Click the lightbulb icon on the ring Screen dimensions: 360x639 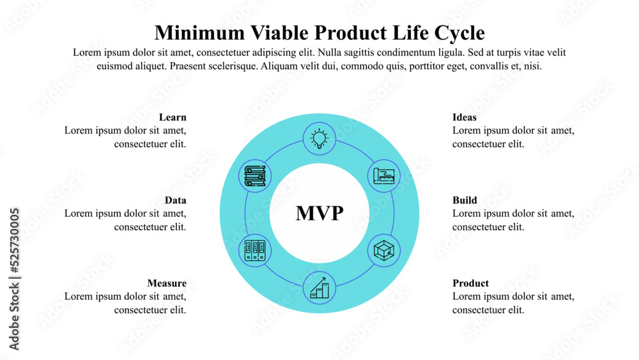319,139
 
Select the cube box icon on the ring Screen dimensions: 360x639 385,250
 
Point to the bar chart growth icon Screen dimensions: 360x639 319,287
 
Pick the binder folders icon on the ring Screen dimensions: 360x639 255,249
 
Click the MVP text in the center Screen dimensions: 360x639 319,214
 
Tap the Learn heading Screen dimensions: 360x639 173,117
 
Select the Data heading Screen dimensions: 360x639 175,200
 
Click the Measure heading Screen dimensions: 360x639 167,283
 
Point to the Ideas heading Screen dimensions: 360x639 465,117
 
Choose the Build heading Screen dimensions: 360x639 465,200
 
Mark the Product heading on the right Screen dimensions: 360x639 470,283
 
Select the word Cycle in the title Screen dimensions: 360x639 459,33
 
